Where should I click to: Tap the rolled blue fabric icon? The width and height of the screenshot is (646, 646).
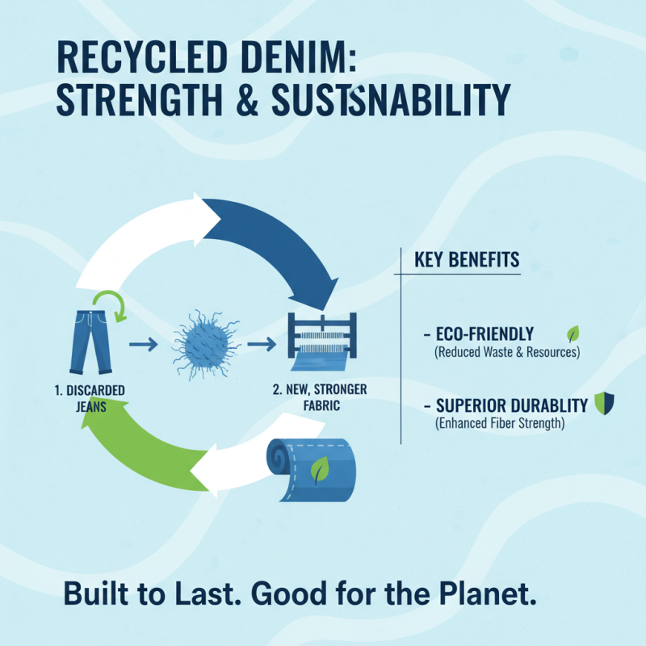tap(315, 468)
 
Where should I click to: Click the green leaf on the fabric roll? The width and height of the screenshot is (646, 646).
tap(321, 468)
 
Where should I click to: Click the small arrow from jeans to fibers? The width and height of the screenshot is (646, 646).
tap(143, 346)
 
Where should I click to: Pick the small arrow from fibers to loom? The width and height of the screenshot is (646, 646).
tap(260, 346)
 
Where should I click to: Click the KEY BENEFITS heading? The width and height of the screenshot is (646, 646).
tap(467, 261)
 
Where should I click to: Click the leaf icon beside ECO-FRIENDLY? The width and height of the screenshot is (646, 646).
tap(573, 333)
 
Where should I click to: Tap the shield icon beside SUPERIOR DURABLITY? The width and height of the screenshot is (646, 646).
tap(602, 403)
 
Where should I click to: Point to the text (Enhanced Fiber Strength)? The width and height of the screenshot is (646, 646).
tap(499, 422)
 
